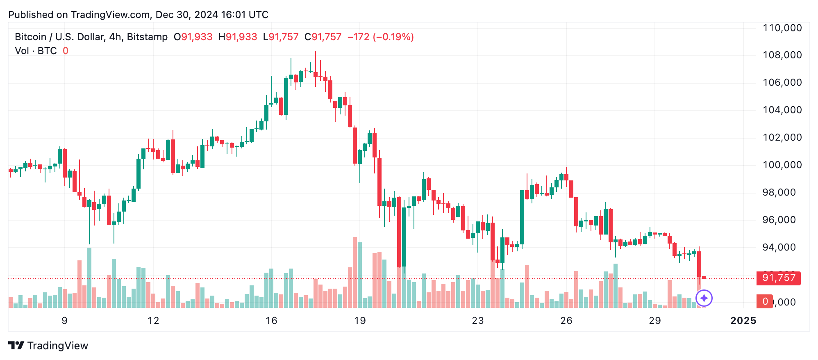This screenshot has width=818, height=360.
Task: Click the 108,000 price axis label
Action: point(782,55)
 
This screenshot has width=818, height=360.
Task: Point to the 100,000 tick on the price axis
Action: point(782,165)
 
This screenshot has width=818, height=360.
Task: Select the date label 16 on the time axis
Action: point(271,321)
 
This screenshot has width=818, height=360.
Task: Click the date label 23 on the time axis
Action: point(478,321)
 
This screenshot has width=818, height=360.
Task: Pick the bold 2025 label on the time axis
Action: point(743,321)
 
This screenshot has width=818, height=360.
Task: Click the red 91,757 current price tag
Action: point(778,278)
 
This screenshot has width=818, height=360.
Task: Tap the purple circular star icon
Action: point(704,298)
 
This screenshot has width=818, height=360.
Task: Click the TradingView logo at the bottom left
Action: point(48,346)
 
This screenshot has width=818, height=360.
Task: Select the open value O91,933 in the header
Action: point(193,37)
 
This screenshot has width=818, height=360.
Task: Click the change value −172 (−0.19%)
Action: point(380,37)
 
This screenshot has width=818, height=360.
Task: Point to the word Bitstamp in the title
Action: point(147,37)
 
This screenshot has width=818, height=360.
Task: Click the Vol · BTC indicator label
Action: point(36,51)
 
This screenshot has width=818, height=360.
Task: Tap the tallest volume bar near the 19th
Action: point(355,273)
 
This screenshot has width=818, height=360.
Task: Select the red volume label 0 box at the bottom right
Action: point(765,302)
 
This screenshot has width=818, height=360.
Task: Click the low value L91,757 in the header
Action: point(281,37)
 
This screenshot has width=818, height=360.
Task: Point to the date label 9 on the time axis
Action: point(64,321)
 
